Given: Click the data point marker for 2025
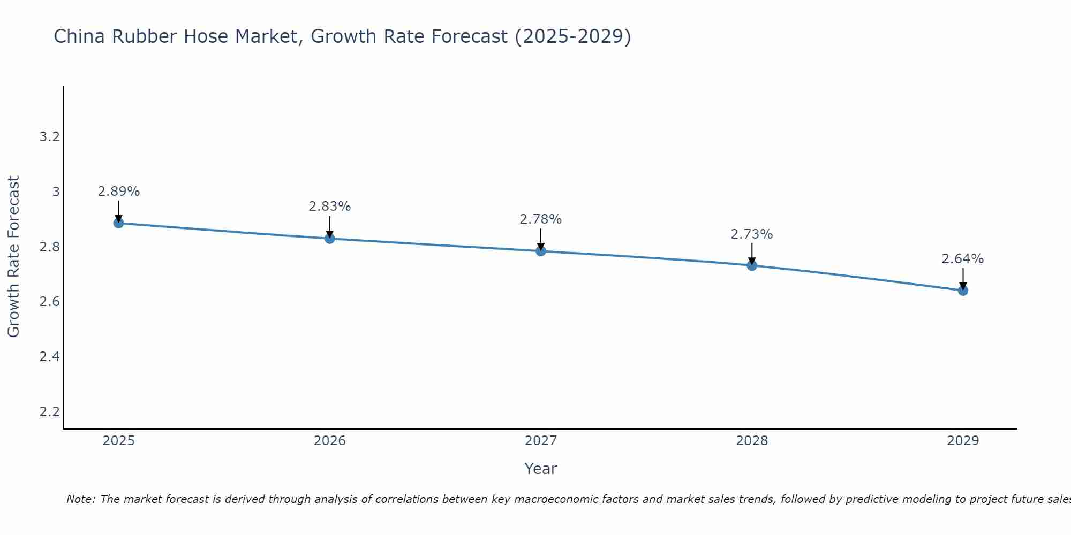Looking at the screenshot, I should click(119, 223).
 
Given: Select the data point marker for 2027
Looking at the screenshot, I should click(541, 251).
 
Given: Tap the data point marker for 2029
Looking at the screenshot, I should click(963, 291).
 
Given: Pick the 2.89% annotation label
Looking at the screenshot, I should click(119, 192).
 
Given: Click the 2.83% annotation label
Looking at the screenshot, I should click(330, 207).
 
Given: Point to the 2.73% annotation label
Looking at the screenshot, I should click(752, 234).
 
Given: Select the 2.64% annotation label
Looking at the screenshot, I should click(963, 259).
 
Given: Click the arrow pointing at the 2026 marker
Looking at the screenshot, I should click(330, 227).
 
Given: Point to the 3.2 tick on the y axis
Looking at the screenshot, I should click(49, 137).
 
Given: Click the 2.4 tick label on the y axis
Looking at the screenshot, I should click(49, 356).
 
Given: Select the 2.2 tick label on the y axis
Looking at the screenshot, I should click(49, 411).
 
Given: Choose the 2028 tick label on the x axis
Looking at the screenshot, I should click(752, 441).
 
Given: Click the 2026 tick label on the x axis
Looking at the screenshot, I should click(330, 441).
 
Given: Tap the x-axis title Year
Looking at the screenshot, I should click(541, 469).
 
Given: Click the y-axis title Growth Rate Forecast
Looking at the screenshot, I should click(14, 257).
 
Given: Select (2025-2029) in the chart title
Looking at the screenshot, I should click(572, 37).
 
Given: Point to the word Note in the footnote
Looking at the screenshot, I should click(80, 499).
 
